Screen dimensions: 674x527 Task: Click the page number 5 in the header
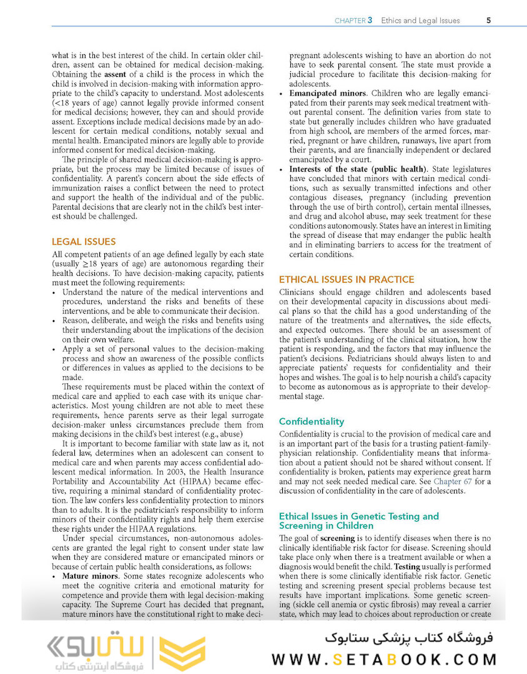click(x=488, y=20)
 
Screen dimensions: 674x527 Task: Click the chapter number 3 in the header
click(x=370, y=20)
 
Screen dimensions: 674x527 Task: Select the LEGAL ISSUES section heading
click(x=84, y=242)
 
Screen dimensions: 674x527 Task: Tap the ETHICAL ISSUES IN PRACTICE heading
click(x=346, y=280)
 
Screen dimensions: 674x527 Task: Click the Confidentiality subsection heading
click(x=311, y=421)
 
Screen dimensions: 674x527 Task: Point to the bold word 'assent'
click(x=115, y=74)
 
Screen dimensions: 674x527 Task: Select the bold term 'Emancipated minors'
click(x=329, y=93)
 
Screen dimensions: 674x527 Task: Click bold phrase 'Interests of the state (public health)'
click(x=358, y=169)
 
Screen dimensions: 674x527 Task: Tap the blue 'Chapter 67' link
click(x=459, y=481)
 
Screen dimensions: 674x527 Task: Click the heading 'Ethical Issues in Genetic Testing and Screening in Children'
click(x=358, y=520)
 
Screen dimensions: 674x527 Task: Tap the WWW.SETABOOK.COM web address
click(x=384, y=660)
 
